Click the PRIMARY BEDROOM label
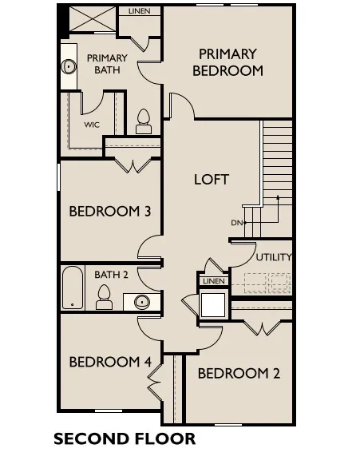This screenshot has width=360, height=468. click(227, 62)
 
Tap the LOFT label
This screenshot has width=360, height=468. click(212, 180)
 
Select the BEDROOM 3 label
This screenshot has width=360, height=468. click(110, 212)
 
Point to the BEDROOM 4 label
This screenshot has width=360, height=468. click(110, 362)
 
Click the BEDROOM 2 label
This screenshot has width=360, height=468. click(239, 374)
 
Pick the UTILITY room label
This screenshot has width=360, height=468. click(274, 257)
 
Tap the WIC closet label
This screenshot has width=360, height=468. click(92, 125)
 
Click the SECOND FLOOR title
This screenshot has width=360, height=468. click(125, 439)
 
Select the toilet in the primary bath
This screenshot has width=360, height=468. click(144, 121)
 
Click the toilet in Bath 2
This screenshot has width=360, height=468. click(104, 297)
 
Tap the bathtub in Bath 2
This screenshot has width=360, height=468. click(73, 288)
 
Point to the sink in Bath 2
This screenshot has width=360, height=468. click(141, 302)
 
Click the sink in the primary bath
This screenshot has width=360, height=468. click(69, 66)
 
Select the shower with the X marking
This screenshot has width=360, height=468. click(93, 19)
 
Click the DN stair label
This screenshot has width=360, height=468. click(236, 223)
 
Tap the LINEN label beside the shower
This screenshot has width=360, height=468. click(139, 11)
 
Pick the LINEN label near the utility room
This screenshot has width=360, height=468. click(214, 281)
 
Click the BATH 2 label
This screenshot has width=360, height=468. click(111, 275)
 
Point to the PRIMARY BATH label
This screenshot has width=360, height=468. click(107, 64)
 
